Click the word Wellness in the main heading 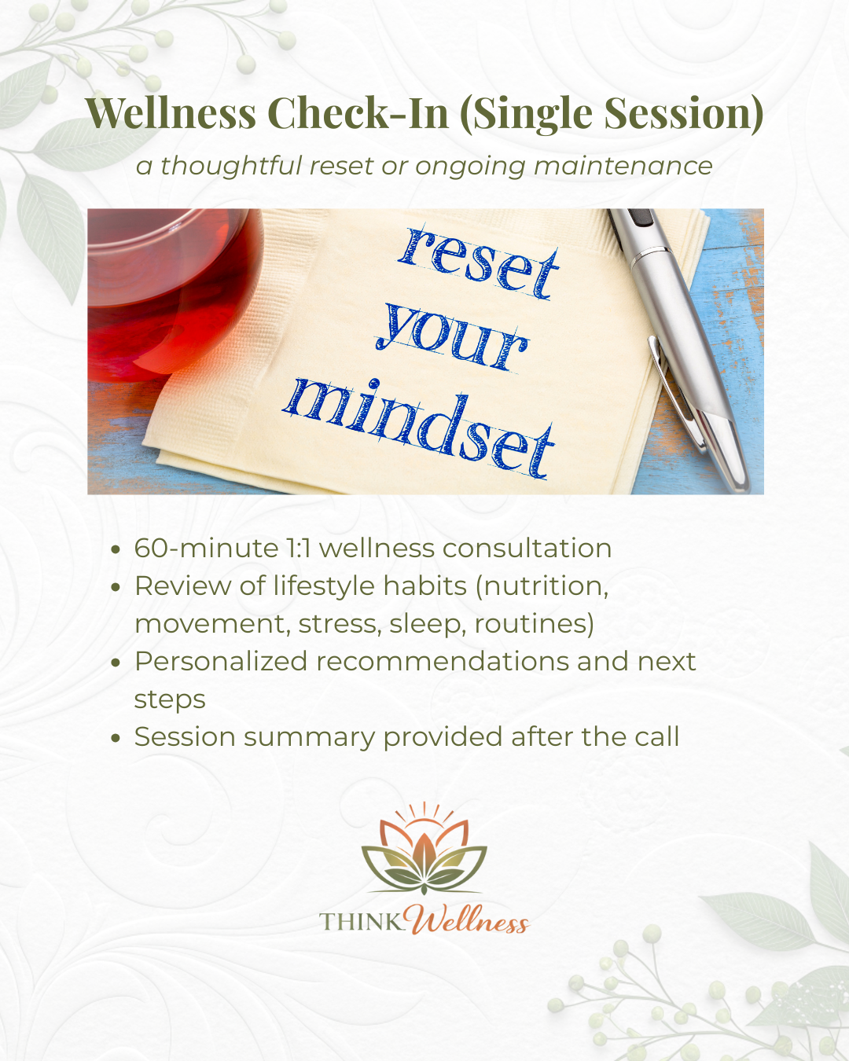click(x=171, y=113)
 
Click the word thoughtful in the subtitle click(x=231, y=166)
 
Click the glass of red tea click(x=169, y=291)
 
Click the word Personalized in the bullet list click(x=220, y=662)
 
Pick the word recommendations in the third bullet click(x=443, y=662)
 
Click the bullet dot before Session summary click(x=116, y=738)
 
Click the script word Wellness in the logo click(x=469, y=920)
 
